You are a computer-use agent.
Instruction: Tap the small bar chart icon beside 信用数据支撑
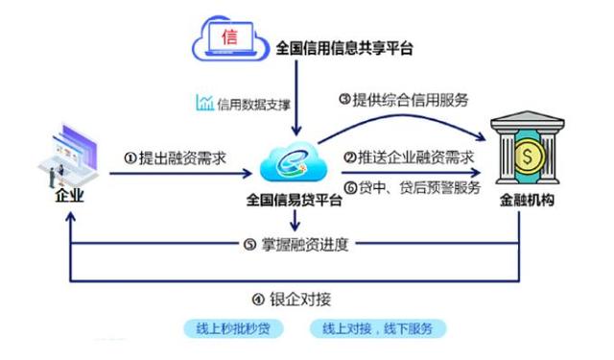tap(203, 103)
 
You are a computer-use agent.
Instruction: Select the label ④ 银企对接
tap(298, 298)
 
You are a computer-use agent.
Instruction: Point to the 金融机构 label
tap(528, 201)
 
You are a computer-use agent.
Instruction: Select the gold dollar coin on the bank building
tap(529, 155)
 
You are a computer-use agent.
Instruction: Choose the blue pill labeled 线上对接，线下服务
tap(378, 328)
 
